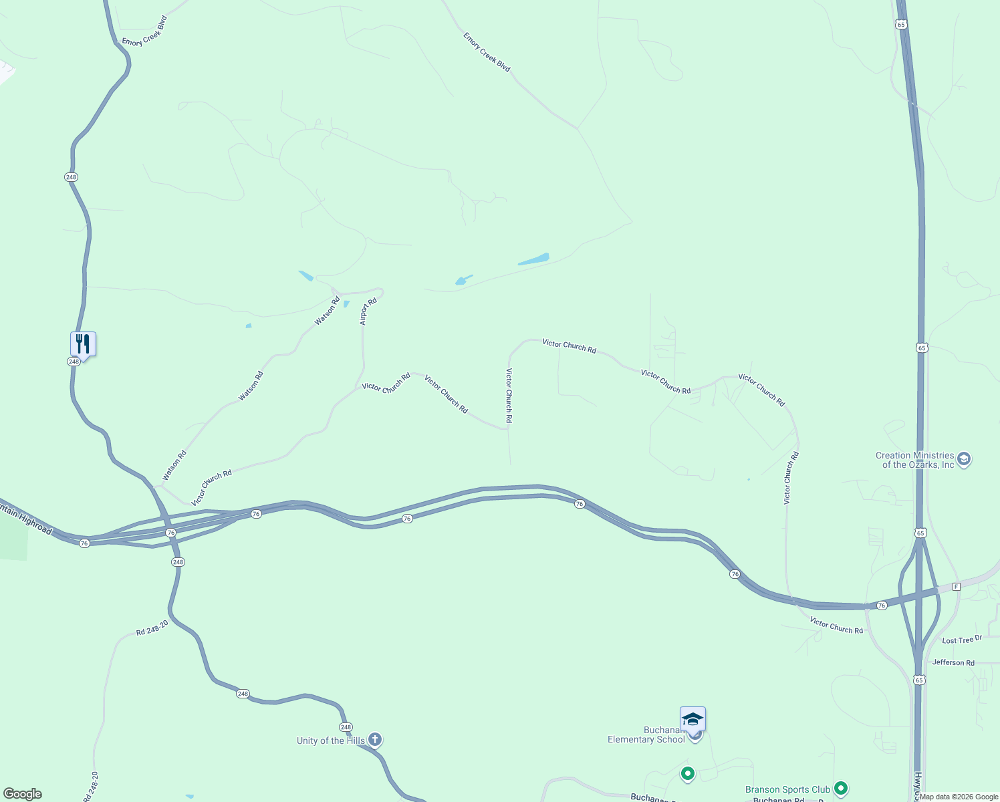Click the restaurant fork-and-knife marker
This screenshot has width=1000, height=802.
(x=83, y=344)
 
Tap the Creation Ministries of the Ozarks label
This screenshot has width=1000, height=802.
(x=915, y=460)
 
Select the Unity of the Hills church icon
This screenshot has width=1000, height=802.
(x=375, y=739)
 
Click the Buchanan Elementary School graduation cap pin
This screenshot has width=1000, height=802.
(x=693, y=720)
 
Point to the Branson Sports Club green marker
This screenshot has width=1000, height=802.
(x=841, y=789)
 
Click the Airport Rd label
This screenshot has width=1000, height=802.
(x=368, y=311)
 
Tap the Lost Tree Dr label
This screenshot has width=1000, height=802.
(x=962, y=640)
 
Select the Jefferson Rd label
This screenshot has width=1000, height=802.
(x=953, y=662)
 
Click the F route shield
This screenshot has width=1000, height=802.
(x=956, y=586)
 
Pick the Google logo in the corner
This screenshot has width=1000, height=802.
(x=23, y=794)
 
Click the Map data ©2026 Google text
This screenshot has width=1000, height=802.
(x=959, y=797)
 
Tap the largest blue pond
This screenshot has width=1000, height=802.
(x=533, y=259)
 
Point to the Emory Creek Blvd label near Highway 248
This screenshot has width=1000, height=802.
(x=144, y=31)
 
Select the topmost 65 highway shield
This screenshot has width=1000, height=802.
(x=901, y=24)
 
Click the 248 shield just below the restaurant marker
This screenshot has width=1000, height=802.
(x=74, y=361)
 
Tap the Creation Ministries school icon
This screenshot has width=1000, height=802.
(x=963, y=460)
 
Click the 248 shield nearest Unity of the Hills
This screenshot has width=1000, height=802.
(x=345, y=727)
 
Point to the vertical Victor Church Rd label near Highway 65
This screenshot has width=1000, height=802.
(x=791, y=478)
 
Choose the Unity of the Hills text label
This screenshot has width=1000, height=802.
(x=331, y=741)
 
